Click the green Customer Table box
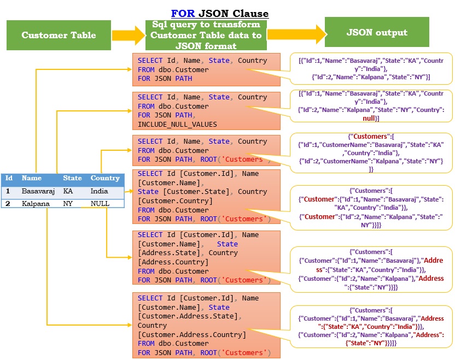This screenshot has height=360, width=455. pyautogui.click(x=59, y=36)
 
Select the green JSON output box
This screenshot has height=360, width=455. pyautogui.click(x=377, y=32)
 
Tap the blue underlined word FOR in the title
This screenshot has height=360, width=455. pyautogui.click(x=183, y=13)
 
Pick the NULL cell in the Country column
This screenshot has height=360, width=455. pyautogui.click(x=100, y=204)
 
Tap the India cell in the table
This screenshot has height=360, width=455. pyautogui.click(x=100, y=192)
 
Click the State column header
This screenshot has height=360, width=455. pyautogui.click(x=72, y=178)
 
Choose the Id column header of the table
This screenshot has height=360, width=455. pyautogui.click(x=9, y=178)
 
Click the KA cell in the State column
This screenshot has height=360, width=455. pyautogui.click(x=68, y=192)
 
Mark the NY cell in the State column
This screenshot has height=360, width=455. pyautogui.click(x=68, y=204)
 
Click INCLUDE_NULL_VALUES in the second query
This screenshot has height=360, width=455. pyautogui.click(x=177, y=125)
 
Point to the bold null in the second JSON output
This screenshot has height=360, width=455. pyautogui.click(x=370, y=118)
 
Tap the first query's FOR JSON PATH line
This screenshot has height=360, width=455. pyautogui.click(x=165, y=79)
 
